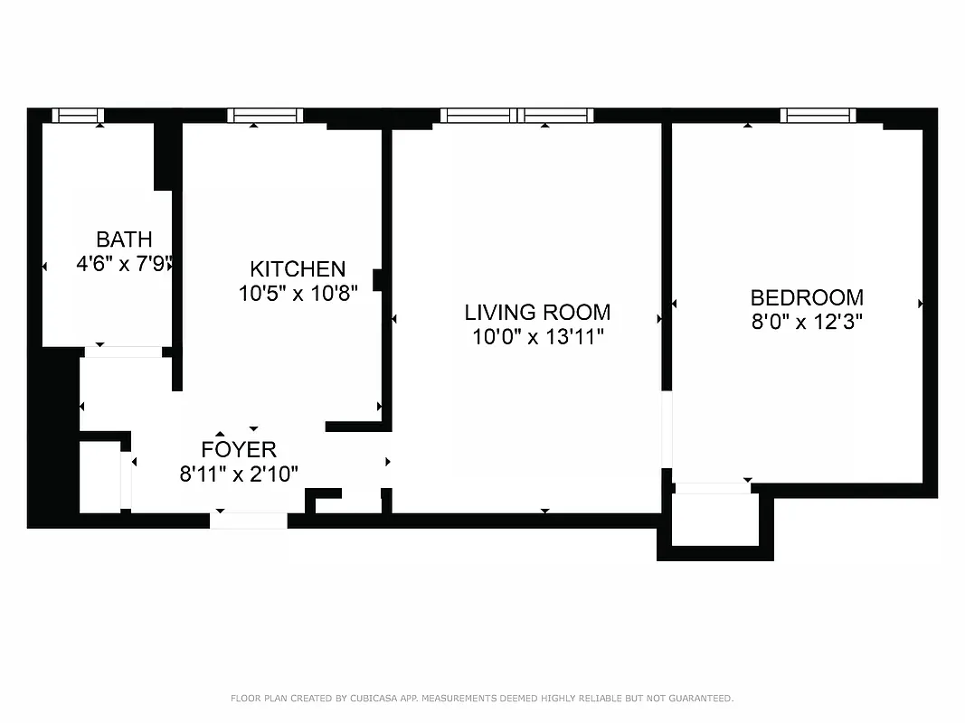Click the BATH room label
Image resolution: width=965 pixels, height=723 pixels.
coord(124,239)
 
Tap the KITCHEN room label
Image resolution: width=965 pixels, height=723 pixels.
coord(298,268)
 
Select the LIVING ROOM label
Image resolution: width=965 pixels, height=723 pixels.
coord(537,313)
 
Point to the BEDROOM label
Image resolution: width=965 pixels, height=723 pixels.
coord(807,297)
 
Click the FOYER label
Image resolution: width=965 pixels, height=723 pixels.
coord(239,449)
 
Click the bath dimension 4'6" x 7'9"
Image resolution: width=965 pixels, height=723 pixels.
coord(124,265)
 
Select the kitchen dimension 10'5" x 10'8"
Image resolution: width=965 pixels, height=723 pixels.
coord(298,293)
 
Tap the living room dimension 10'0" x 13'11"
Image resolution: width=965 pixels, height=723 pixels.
coord(537,337)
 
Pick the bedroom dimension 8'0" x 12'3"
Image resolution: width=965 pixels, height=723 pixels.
coord(807,322)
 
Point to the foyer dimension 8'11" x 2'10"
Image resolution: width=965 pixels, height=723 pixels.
coord(239,474)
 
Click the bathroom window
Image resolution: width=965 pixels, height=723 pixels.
coord(78,115)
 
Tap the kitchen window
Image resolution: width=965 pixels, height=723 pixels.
coord(264,115)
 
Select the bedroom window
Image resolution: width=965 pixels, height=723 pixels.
coord(818,115)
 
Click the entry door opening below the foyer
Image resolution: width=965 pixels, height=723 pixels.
coord(249,521)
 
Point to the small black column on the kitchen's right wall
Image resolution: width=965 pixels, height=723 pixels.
coord(379,280)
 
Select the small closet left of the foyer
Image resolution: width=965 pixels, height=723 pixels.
coord(99,476)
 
